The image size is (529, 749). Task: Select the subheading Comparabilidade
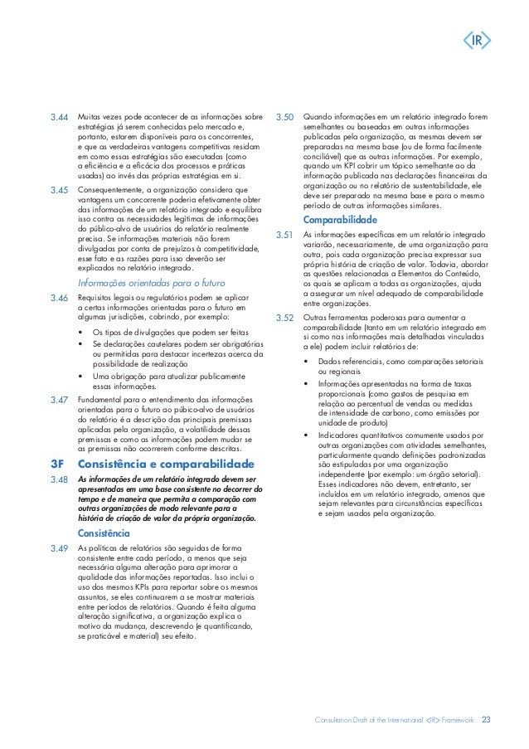pyautogui.click(x=341, y=221)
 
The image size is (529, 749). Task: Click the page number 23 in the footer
pyautogui.click(x=486, y=719)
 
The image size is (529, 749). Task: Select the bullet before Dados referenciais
pyautogui.click(x=308, y=362)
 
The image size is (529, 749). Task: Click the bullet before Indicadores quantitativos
pyautogui.click(x=308, y=435)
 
